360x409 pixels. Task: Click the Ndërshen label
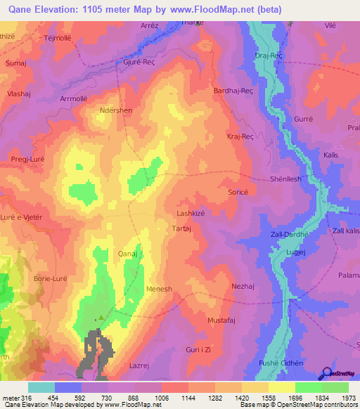(116, 110)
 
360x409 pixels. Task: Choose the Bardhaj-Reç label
(233, 91)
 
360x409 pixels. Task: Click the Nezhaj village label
(242, 286)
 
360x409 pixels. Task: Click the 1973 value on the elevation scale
(348, 398)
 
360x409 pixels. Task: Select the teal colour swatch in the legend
(41, 387)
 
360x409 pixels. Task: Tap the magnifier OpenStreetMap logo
(326, 372)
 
